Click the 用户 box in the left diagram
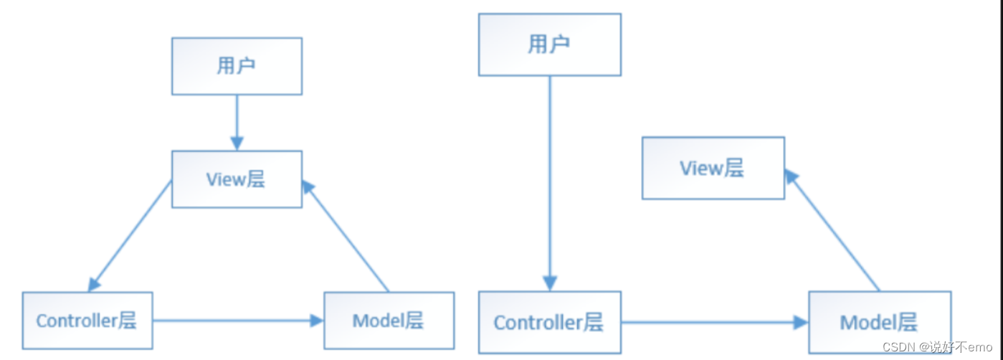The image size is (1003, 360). tap(237, 66)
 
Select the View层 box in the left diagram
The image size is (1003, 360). tap(237, 179)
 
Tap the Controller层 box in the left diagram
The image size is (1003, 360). tap(87, 320)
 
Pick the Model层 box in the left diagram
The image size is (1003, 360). tap(389, 320)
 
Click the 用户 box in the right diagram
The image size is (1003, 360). tap(549, 44)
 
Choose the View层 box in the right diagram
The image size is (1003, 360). tap(713, 168)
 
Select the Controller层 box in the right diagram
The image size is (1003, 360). tap(549, 322)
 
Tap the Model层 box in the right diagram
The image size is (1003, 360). tap(880, 322)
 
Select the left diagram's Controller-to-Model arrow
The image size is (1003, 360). tap(237, 320)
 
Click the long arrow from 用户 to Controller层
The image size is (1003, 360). tap(549, 179)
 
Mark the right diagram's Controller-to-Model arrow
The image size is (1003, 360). tap(713, 323)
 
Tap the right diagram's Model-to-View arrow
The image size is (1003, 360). tap(833, 229)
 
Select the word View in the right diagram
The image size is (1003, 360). tap(701, 168)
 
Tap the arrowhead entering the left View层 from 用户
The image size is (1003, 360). tap(237, 142)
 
